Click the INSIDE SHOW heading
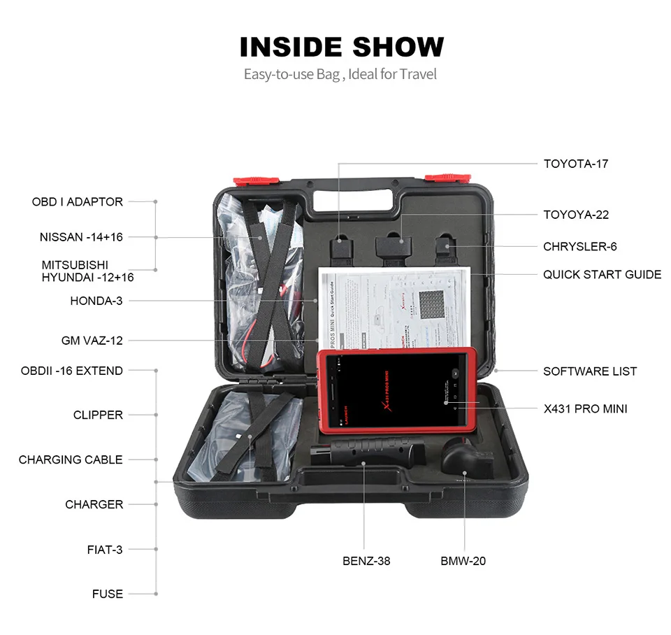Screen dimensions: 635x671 [x=342, y=47]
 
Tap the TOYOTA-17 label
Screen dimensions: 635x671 [x=576, y=164]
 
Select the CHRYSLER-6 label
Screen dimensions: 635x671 [x=579, y=246]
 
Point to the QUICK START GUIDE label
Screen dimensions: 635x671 [x=602, y=274]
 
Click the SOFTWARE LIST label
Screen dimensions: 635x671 [x=590, y=371]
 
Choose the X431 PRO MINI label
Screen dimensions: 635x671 [x=585, y=408]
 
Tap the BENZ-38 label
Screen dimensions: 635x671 [x=366, y=561]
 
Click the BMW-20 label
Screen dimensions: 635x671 [x=463, y=561]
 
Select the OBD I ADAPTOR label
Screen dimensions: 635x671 [x=78, y=201]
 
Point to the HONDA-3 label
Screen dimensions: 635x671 [x=96, y=301]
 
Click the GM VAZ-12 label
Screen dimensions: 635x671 [x=92, y=341]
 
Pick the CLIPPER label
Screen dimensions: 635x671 [x=98, y=415]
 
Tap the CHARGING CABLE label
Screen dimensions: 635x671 [x=71, y=459]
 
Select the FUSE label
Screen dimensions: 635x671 [x=108, y=594]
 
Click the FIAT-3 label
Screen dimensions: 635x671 [x=105, y=549]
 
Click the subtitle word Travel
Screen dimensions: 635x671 [x=418, y=74]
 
